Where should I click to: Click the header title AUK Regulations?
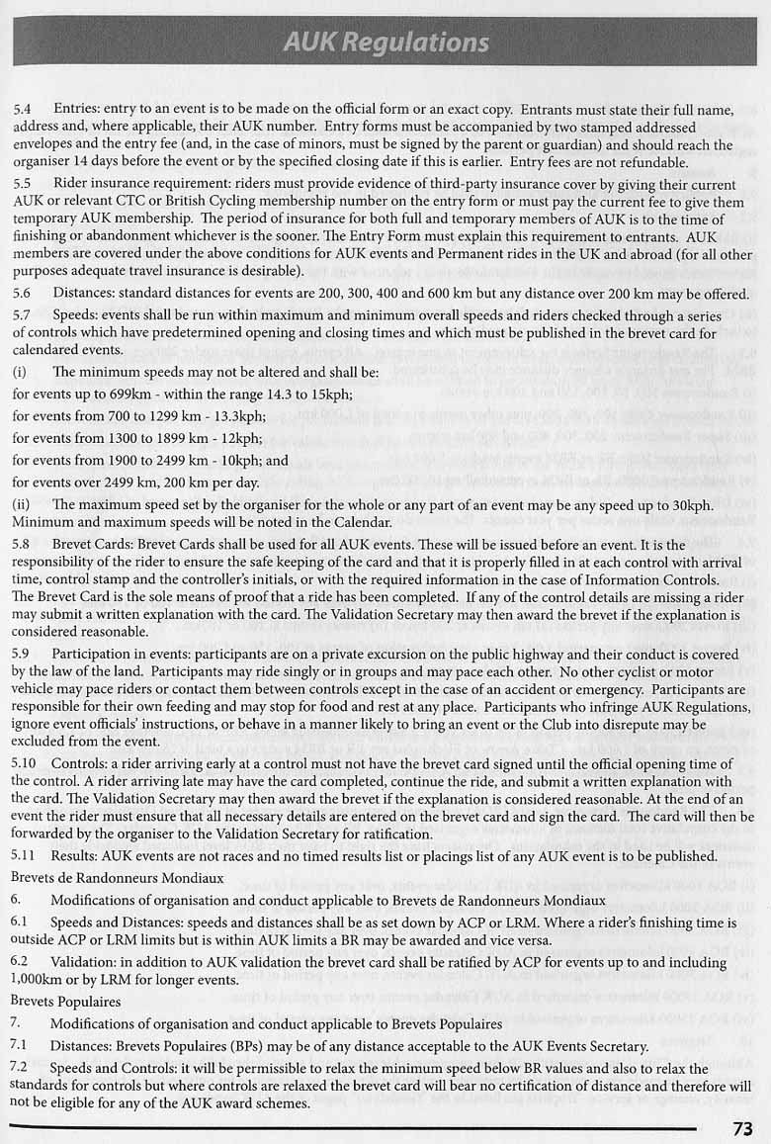[385, 43]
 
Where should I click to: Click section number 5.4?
[22, 109]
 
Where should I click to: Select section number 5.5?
[22, 183]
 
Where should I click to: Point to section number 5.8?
[22, 545]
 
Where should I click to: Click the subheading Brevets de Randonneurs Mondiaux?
[118, 877]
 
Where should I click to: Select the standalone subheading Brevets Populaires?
[65, 1001]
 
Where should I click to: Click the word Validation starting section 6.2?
[86, 960]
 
